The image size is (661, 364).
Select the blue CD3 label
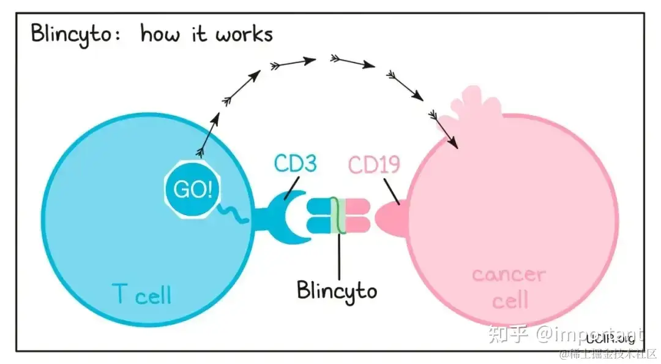tap(295, 164)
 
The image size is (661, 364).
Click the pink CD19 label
tap(375, 165)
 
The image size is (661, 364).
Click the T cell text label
tap(142, 295)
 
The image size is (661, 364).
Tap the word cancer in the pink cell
tap(509, 274)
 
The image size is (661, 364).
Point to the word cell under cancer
tap(510, 300)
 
